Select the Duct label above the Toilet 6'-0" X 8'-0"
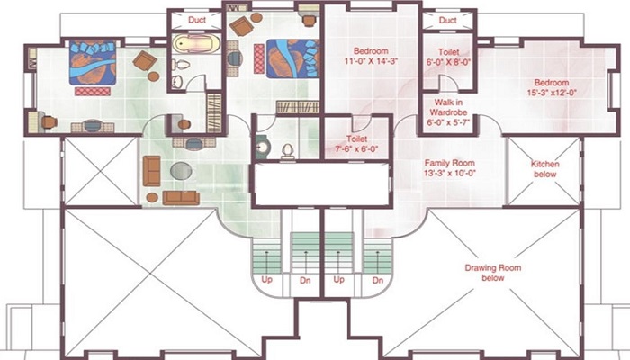tap(447, 19)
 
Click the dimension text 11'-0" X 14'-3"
tap(370, 61)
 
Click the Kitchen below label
tap(544, 169)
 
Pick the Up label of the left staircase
tap(265, 279)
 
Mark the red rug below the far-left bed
tap(92, 91)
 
